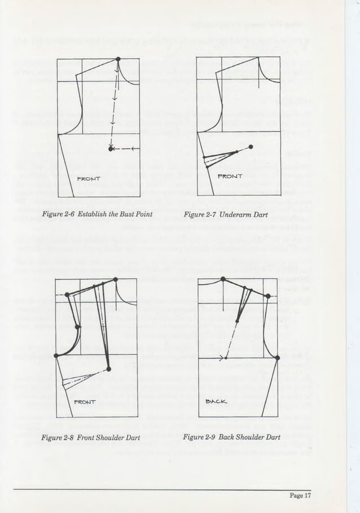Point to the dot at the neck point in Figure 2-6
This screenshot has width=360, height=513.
(118, 59)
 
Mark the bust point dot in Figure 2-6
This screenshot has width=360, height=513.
(111, 149)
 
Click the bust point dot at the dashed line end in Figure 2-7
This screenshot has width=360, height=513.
(251, 147)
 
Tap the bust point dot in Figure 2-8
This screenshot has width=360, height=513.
(108, 369)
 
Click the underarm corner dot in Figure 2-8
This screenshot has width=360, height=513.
(56, 356)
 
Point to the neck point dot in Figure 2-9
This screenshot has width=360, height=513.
(223, 279)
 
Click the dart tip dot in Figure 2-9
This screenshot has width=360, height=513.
(237, 321)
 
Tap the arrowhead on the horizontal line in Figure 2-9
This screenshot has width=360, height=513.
(219, 358)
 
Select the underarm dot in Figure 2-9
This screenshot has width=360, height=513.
(277, 357)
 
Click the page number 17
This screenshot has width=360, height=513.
(308, 497)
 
